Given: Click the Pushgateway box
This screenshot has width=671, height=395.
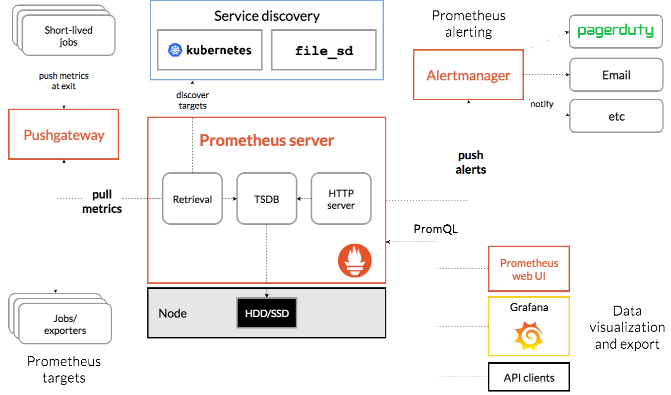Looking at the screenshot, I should pyautogui.click(x=63, y=134).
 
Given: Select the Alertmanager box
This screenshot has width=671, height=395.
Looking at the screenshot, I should pyautogui.click(x=468, y=75).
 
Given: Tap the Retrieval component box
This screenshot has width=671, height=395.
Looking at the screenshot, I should pyautogui.click(x=192, y=198).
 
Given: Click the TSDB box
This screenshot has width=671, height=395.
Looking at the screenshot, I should pyautogui.click(x=267, y=198).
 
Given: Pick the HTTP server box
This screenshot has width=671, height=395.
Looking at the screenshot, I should pyautogui.click(x=341, y=198).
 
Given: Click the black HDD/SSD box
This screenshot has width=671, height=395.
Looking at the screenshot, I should pyautogui.click(x=267, y=313).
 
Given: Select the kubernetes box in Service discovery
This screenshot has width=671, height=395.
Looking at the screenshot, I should pyautogui.click(x=210, y=50).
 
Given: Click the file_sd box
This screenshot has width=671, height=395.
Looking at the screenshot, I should pyautogui.click(x=324, y=50).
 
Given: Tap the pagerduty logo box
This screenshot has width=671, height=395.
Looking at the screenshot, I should pyautogui.click(x=616, y=31).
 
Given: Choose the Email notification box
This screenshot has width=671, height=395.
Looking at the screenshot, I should pyautogui.click(x=616, y=75).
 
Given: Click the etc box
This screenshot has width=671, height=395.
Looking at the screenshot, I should pyautogui.click(x=616, y=116).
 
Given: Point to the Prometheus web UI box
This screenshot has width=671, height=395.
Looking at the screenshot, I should pyautogui.click(x=529, y=268).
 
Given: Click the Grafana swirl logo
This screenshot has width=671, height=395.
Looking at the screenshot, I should pyautogui.click(x=529, y=336).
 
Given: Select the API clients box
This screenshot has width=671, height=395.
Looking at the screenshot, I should pyautogui.click(x=529, y=377).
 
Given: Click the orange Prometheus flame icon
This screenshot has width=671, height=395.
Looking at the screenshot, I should pyautogui.click(x=355, y=261).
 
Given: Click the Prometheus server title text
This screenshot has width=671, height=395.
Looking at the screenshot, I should pyautogui.click(x=267, y=140).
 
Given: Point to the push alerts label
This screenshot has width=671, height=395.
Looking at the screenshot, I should pyautogui.click(x=471, y=162).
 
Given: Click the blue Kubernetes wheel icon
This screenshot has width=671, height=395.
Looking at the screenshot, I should pyautogui.click(x=176, y=50).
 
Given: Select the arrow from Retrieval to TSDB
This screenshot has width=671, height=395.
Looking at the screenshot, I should pyautogui.click(x=230, y=199).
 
